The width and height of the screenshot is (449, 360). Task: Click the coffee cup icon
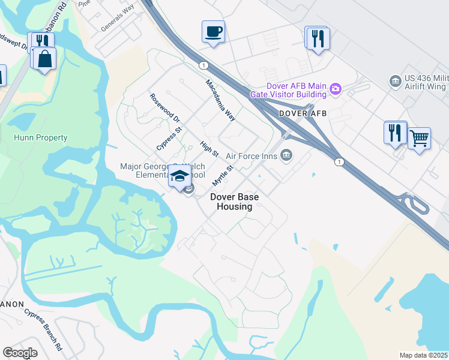213,31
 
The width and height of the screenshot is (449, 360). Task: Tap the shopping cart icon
419,139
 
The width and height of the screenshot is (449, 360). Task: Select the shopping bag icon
44,59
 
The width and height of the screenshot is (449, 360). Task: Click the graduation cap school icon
179,176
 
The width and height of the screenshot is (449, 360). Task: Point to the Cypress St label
169,137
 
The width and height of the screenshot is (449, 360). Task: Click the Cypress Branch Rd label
43,329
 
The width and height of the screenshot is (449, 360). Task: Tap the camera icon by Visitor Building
336,89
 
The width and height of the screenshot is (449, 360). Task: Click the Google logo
20,353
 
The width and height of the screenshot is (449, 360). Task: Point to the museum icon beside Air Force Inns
286,155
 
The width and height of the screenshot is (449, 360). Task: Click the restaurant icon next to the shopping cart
395,132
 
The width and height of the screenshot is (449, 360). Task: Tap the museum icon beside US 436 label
395,80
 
